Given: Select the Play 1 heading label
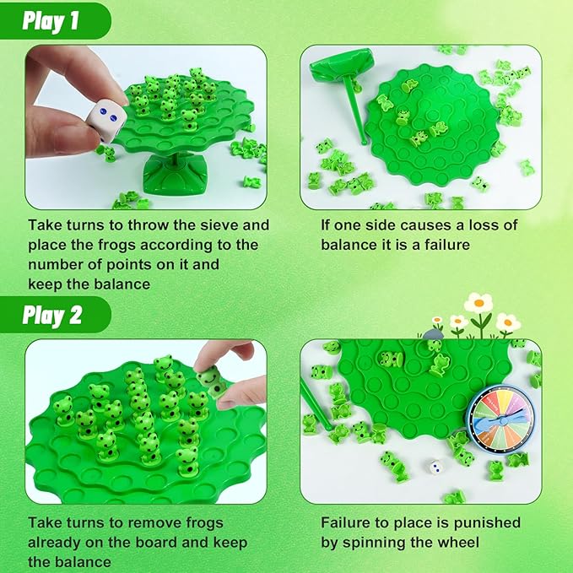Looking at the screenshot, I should [x=52, y=20].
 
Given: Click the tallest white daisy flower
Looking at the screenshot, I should [x=478, y=303].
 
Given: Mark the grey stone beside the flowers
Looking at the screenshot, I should [x=434, y=335].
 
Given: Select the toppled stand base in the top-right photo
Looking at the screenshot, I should [x=341, y=63].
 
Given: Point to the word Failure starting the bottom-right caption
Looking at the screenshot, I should [x=348, y=523].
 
